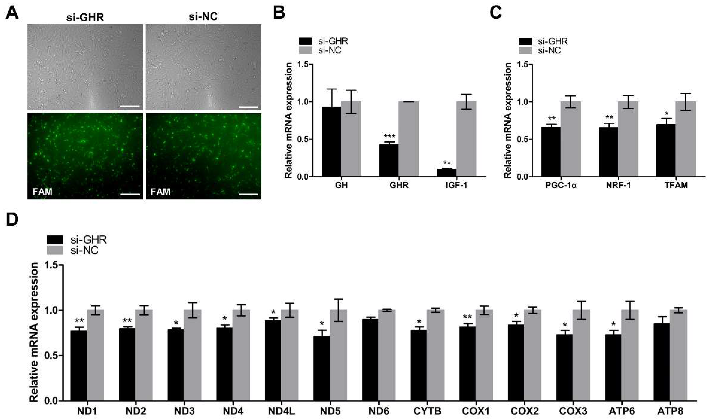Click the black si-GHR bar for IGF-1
pyautogui.click(x=447, y=173)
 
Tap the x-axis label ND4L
pyautogui.click(x=280, y=411)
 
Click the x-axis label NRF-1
pyautogui.click(x=618, y=186)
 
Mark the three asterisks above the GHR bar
pyautogui.click(x=389, y=136)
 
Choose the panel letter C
pyautogui.click(x=495, y=12)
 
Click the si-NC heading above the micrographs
pyautogui.click(x=203, y=17)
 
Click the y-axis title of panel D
pyautogui.click(x=34, y=332)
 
